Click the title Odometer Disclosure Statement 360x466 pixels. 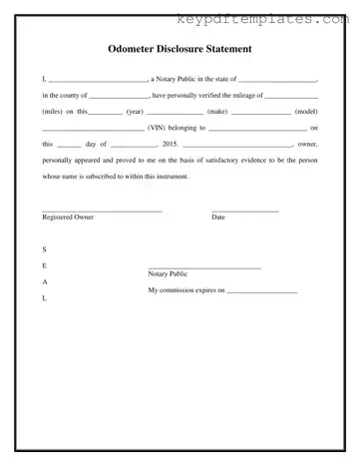180,48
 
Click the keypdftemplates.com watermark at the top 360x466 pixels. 268,18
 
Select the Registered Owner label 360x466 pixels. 68,217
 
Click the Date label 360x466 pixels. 218,217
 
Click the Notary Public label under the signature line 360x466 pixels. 168,273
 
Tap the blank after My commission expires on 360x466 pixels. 263,291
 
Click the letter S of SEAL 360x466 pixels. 44,248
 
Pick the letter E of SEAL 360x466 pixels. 44,265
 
